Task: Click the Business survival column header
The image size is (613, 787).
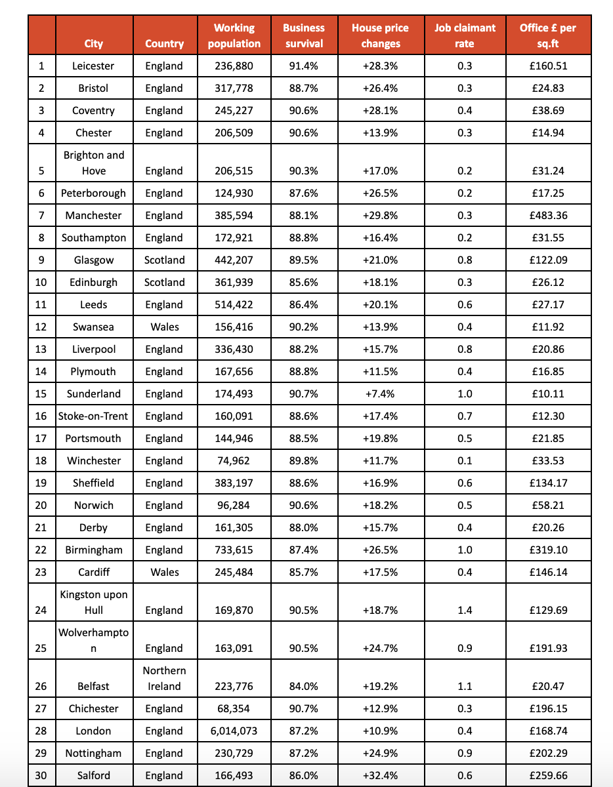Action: (304, 35)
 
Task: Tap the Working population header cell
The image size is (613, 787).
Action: (234, 35)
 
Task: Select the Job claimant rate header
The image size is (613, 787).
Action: (465, 35)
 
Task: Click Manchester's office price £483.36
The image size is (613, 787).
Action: (548, 215)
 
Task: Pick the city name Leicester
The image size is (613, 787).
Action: (94, 66)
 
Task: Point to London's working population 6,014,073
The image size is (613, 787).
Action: (234, 731)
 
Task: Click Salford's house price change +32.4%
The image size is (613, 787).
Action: (380, 775)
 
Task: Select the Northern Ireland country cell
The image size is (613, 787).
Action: (164, 678)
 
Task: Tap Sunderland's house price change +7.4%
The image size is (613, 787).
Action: (380, 393)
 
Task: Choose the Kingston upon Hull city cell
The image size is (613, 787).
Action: (94, 602)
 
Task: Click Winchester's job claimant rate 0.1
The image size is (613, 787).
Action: (465, 460)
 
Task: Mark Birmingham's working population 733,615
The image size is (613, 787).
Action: (234, 550)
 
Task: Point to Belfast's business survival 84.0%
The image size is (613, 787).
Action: (304, 686)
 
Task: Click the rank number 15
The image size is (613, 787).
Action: (41, 393)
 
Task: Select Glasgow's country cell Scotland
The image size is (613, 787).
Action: (164, 260)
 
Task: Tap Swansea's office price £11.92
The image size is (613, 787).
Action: (548, 327)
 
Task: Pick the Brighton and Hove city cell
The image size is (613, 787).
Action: (94, 163)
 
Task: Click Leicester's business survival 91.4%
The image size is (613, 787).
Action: (304, 66)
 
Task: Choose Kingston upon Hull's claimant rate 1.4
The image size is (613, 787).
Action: (465, 610)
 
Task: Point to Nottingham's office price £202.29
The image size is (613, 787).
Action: (548, 753)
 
